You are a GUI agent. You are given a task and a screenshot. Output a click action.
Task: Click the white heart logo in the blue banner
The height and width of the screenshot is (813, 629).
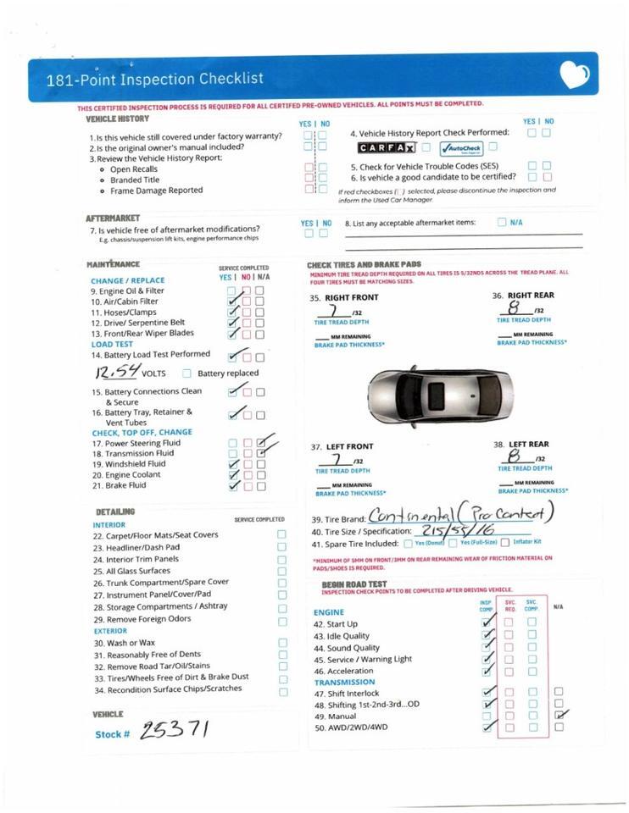(x=574, y=76)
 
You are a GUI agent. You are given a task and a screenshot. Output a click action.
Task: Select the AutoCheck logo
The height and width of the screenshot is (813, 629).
(x=461, y=149)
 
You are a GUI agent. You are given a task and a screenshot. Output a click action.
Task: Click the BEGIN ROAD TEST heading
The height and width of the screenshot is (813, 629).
(x=353, y=584)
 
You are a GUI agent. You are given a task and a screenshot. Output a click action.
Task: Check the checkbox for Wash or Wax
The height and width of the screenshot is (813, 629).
(x=282, y=643)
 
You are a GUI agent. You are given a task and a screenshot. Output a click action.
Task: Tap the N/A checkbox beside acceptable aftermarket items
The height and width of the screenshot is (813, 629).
(x=501, y=222)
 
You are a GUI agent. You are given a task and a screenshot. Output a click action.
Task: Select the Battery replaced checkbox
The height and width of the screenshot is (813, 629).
(x=186, y=373)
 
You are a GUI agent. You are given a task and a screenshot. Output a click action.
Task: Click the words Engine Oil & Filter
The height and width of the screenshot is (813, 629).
(x=127, y=290)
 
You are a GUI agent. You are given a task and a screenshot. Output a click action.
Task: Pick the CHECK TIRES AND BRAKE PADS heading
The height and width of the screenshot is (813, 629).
(x=364, y=265)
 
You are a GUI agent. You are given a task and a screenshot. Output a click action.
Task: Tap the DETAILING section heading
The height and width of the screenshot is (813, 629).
(x=115, y=512)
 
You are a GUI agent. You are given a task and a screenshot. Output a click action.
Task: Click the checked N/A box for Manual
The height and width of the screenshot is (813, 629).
(x=558, y=716)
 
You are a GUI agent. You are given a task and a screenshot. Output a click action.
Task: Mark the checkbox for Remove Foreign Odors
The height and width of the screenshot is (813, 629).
(x=282, y=621)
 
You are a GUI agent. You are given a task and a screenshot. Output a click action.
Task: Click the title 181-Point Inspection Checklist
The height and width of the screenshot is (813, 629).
(x=155, y=79)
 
